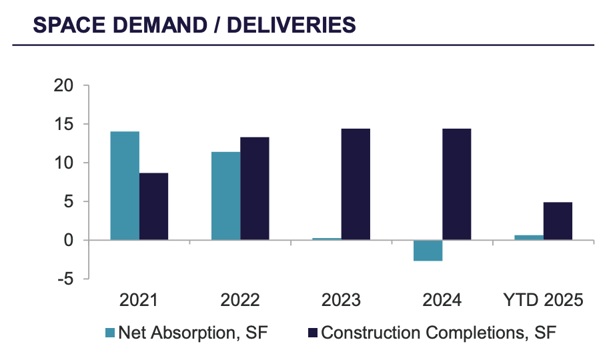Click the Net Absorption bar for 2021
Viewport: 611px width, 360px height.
pyautogui.click(x=125, y=185)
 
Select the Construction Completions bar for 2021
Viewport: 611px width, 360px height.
pyautogui.click(x=153, y=206)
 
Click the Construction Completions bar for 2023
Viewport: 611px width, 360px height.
pyautogui.click(x=356, y=184)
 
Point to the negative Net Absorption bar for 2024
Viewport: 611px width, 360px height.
pyautogui.click(x=428, y=250)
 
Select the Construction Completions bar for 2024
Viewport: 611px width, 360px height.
pyautogui.click(x=456, y=184)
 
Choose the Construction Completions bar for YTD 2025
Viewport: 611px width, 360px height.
pyautogui.click(x=558, y=221)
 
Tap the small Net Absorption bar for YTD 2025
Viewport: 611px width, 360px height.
pyautogui.click(x=529, y=237)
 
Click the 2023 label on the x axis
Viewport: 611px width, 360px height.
pyautogui.click(x=341, y=300)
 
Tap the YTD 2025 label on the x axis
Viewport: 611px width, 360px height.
pyautogui.click(x=543, y=300)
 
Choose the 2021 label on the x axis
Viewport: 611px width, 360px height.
pyautogui.click(x=139, y=300)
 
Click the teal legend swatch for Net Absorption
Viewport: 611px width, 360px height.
pyautogui.click(x=110, y=332)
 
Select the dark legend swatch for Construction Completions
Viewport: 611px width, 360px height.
pyautogui.click(x=312, y=332)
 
